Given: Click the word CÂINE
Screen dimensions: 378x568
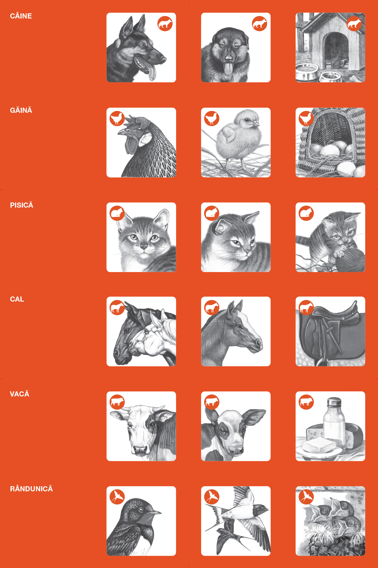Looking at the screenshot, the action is coord(21,16).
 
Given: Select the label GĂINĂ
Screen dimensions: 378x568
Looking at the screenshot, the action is coord(21,110).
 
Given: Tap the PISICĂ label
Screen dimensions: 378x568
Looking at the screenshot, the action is coord(22,205).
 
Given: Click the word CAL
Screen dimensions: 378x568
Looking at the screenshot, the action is coord(17,299).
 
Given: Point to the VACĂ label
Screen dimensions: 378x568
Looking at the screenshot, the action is coord(20,394).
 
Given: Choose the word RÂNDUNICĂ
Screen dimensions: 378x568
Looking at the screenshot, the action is coord(31,489).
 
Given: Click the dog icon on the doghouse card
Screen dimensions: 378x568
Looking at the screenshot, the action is coord(354,23).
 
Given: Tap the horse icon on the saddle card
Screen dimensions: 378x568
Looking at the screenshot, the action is coord(306,308).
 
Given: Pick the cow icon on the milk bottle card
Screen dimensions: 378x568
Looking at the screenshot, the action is coord(306,402).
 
